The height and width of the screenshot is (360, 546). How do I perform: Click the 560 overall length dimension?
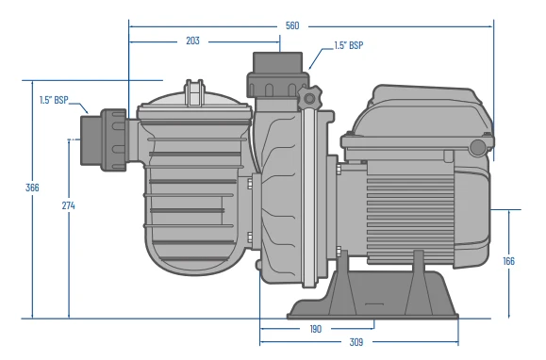[292, 25]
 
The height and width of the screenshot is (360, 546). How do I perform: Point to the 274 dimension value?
[68, 205]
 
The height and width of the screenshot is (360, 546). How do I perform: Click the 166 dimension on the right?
[509, 261]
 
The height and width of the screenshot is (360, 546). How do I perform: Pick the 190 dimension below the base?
[315, 329]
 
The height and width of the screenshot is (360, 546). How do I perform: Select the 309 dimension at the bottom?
[356, 342]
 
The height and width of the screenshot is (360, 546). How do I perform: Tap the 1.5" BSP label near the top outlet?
[349, 45]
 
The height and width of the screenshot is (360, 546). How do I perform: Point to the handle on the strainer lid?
[195, 94]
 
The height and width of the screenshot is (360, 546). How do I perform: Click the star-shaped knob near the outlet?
[310, 99]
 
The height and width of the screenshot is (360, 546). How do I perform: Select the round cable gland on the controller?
[478, 147]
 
